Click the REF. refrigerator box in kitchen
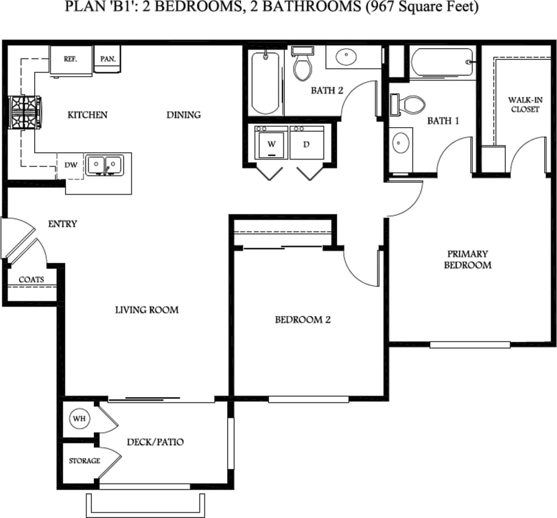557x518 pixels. (x=70, y=59)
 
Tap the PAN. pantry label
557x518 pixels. (x=107, y=60)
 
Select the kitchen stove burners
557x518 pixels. (x=24, y=113)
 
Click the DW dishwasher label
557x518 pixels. (x=71, y=165)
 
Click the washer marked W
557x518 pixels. (x=271, y=144)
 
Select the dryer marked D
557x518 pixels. (x=306, y=144)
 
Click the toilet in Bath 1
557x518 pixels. (x=409, y=104)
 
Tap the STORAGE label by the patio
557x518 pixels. (x=84, y=461)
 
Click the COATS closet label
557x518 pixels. (x=31, y=279)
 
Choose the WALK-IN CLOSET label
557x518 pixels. (x=523, y=105)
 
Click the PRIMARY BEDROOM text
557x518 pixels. (x=467, y=260)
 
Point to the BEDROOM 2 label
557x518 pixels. (x=303, y=320)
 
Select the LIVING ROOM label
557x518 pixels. (x=147, y=310)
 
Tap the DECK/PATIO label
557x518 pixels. (x=155, y=442)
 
